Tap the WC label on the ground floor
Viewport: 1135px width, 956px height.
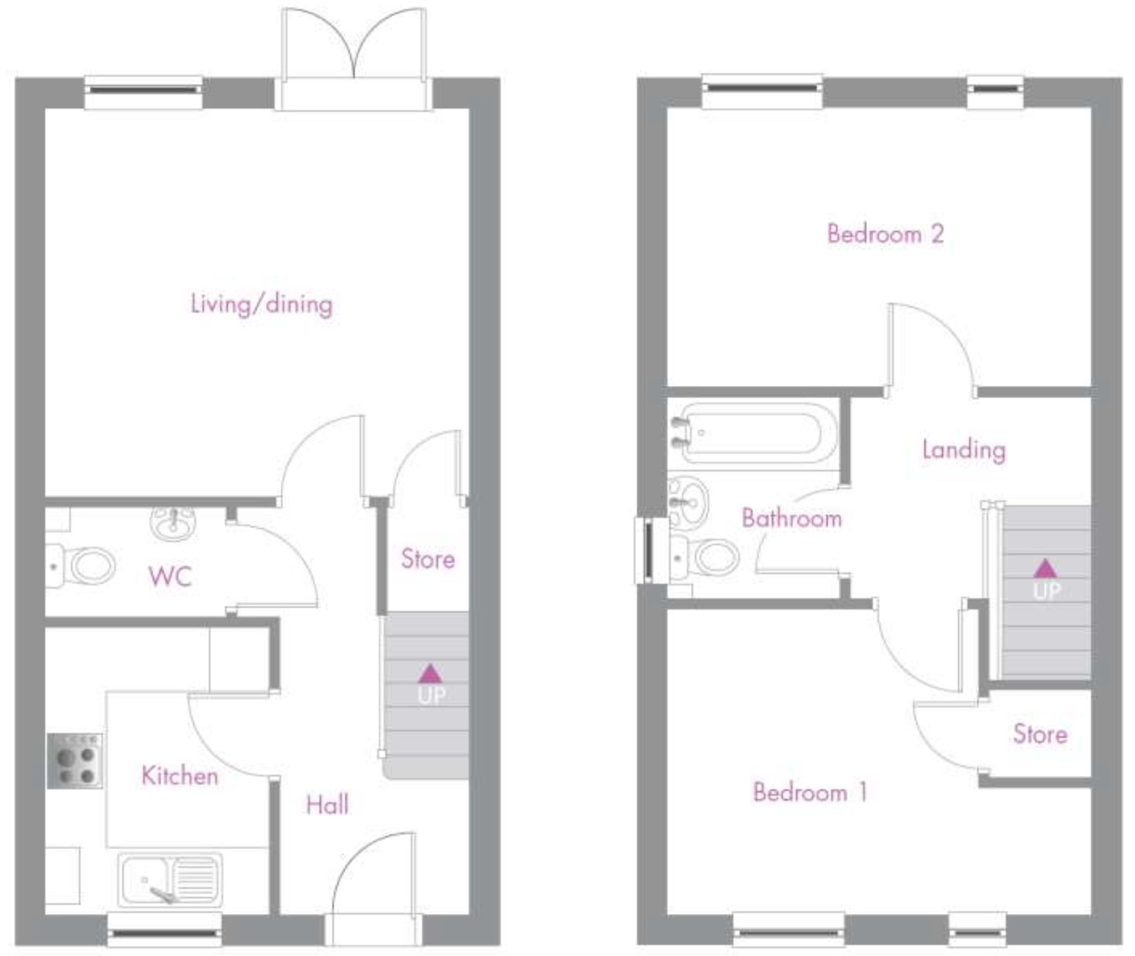[170, 576]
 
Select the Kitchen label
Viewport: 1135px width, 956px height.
[180, 776]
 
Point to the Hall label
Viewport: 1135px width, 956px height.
[327, 805]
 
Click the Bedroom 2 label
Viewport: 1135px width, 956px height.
[886, 234]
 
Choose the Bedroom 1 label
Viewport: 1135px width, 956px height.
[810, 792]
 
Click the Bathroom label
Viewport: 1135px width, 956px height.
[792, 518]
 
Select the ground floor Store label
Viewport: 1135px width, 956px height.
[428, 559]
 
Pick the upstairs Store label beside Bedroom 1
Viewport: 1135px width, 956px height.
[1040, 734]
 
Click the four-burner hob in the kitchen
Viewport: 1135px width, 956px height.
[75, 761]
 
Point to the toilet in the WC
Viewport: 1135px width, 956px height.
[80, 566]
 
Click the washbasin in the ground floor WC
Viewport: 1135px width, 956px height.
[173, 523]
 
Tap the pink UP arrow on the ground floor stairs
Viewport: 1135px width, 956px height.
[430, 674]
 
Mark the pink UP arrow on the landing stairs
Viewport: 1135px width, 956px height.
[1046, 569]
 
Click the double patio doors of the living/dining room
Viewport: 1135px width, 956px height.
[353, 60]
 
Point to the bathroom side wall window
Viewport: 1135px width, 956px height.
[645, 551]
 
